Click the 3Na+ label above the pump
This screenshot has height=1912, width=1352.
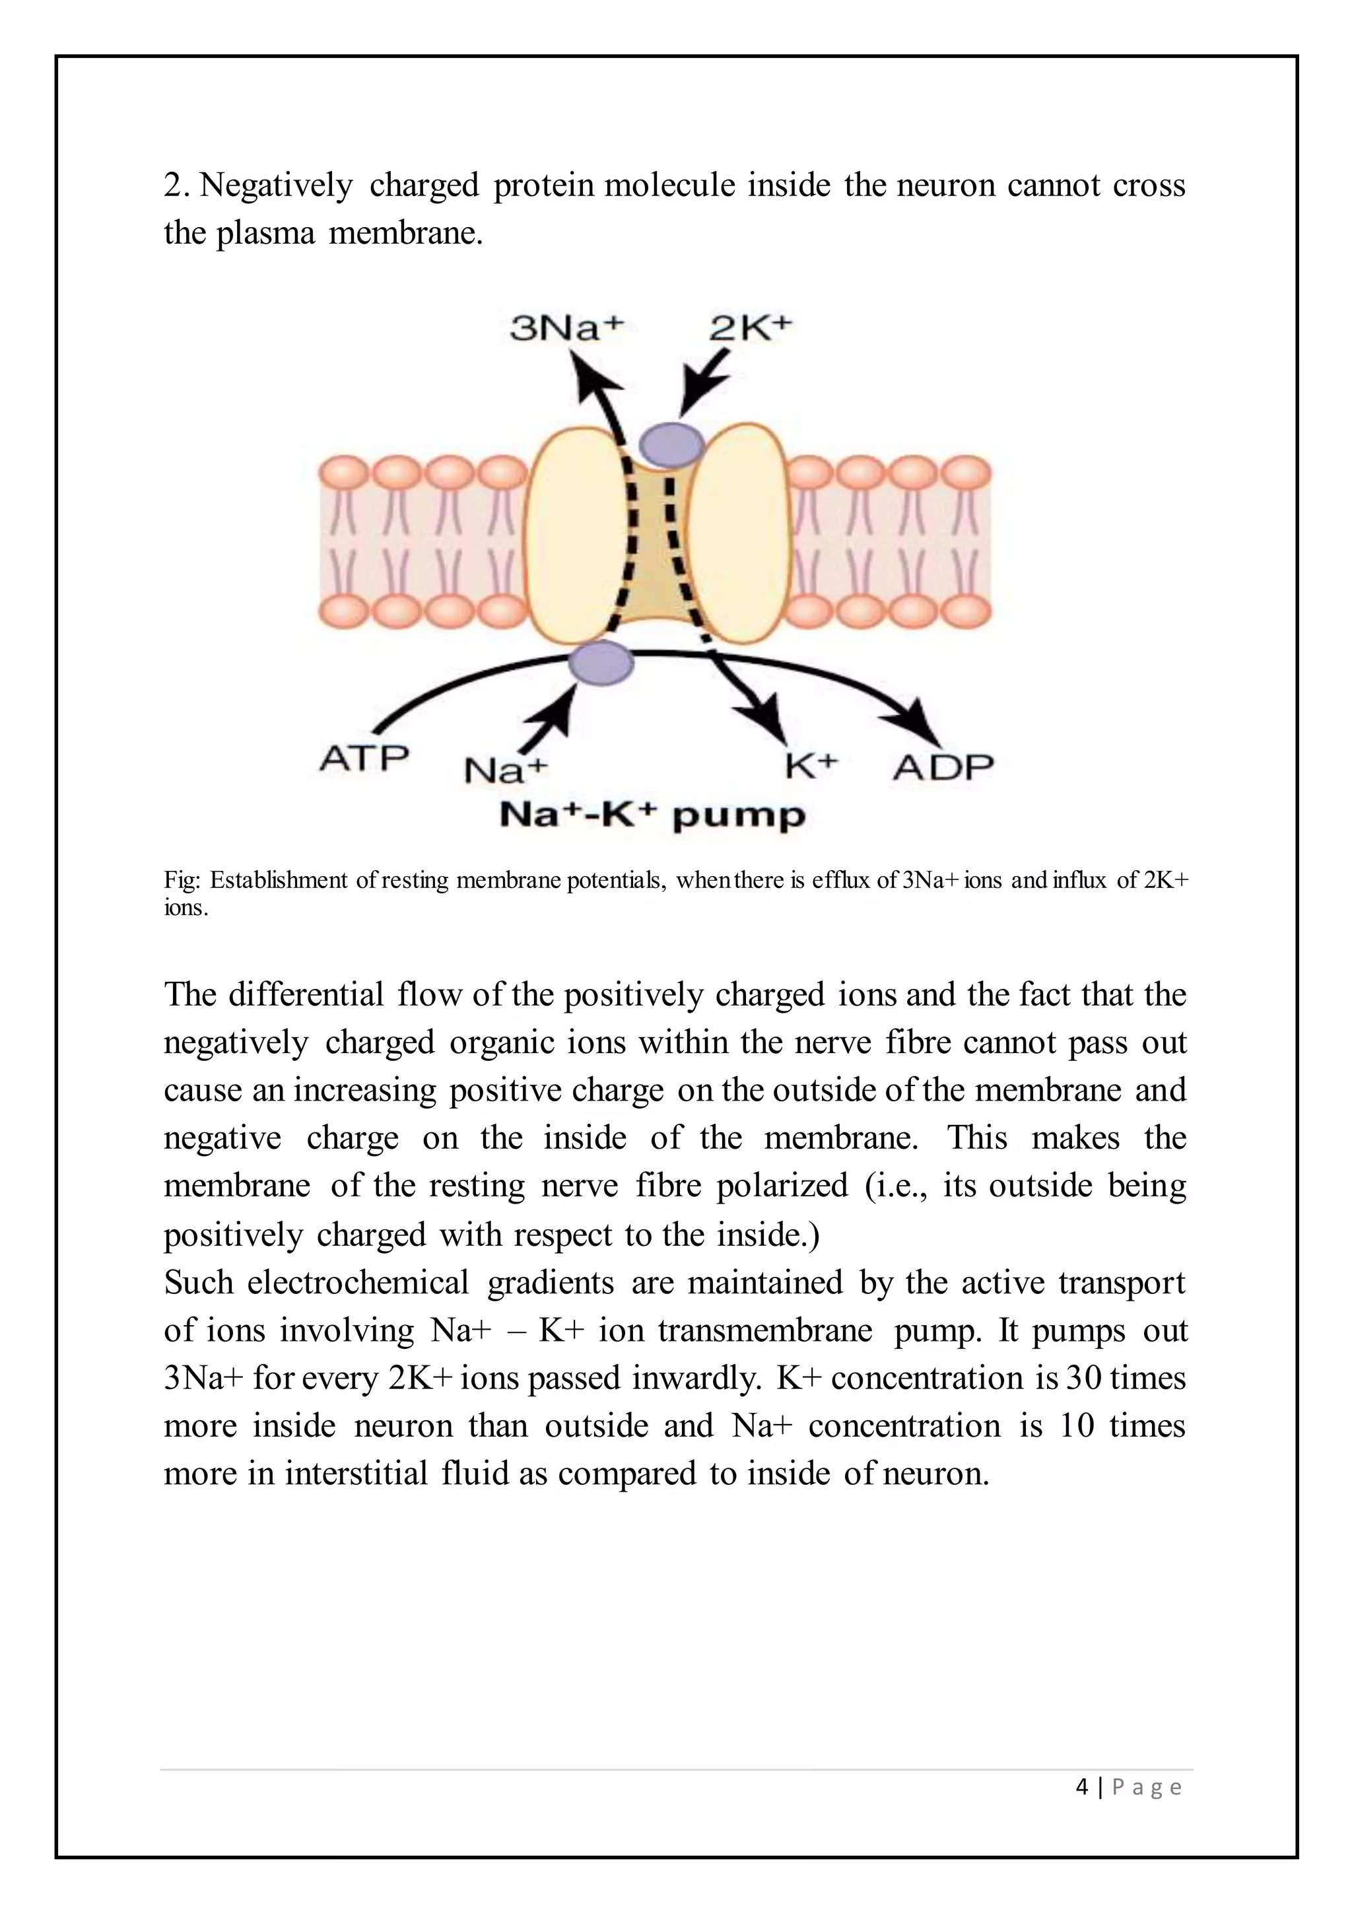(566, 328)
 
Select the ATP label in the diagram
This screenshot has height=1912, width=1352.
(364, 759)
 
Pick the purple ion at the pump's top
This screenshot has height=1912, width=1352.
(671, 443)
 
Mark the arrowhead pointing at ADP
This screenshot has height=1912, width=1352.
(924, 721)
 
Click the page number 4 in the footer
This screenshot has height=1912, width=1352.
(1081, 1787)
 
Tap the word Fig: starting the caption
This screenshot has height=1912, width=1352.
(182, 880)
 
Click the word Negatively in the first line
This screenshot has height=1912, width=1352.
(277, 185)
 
